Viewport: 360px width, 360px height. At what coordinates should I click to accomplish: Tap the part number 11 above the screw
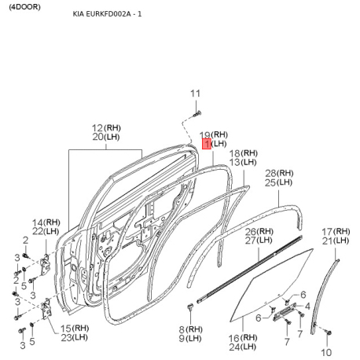(x=196, y=94)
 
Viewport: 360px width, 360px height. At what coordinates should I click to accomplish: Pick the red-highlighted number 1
(x=207, y=144)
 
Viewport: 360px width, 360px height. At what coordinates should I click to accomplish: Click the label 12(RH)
(x=108, y=127)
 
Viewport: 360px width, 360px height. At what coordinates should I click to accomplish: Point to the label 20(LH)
(x=108, y=137)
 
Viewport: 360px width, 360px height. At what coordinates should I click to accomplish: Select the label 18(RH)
(x=244, y=152)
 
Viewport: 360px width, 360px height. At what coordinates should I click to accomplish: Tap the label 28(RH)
(x=280, y=173)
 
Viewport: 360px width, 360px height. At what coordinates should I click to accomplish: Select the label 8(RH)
(x=189, y=329)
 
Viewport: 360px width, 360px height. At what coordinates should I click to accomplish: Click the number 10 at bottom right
(x=327, y=351)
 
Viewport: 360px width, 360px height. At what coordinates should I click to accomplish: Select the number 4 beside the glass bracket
(x=307, y=306)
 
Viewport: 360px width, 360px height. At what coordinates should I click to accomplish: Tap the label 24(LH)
(x=242, y=346)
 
